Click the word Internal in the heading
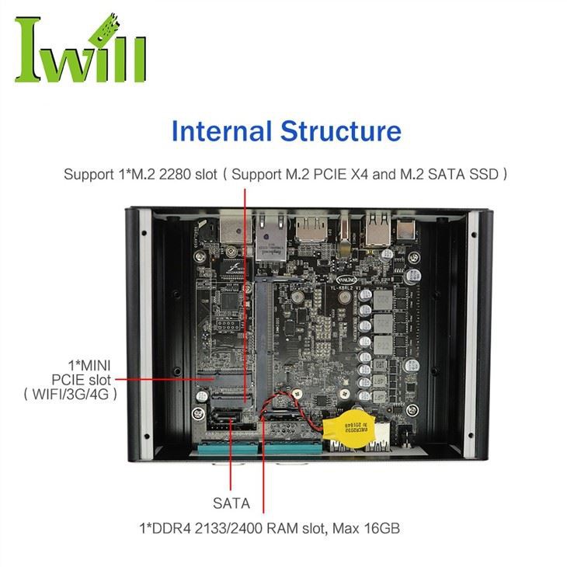221,130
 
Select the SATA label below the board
231,503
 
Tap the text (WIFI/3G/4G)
71,394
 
